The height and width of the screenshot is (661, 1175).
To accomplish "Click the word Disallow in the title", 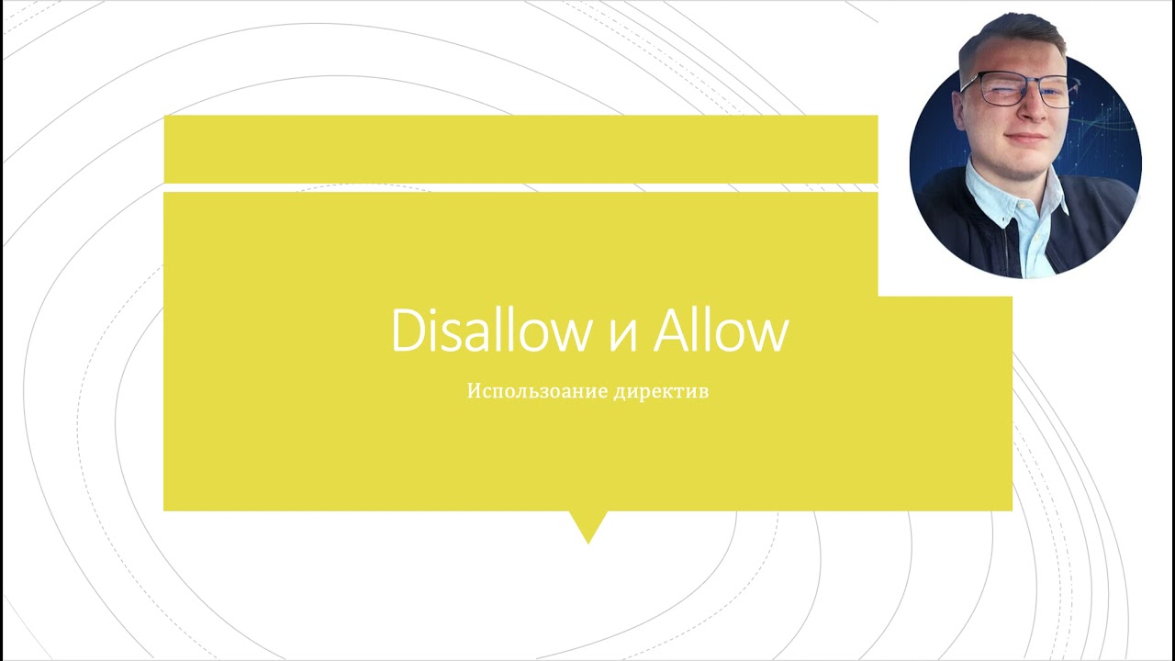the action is pyautogui.click(x=491, y=330).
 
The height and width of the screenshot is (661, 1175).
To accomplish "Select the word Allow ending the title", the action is pyautogui.click(x=721, y=330).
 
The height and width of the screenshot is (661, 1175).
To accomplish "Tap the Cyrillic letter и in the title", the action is pyautogui.click(x=622, y=336).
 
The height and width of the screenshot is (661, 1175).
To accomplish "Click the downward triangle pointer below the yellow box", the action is pyautogui.click(x=588, y=527).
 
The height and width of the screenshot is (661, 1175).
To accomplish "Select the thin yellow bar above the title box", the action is pyautogui.click(x=520, y=149).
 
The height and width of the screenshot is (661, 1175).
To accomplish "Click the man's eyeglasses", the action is pyautogui.click(x=1016, y=90).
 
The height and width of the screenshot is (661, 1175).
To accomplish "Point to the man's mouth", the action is pyautogui.click(x=1025, y=138).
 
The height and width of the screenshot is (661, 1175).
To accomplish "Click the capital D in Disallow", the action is pyautogui.click(x=410, y=331).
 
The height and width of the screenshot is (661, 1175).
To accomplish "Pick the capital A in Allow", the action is pyautogui.click(x=672, y=331).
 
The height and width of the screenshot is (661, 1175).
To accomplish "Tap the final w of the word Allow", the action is pyautogui.click(x=770, y=336).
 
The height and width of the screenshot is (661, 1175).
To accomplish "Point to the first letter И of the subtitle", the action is pyautogui.click(x=476, y=391).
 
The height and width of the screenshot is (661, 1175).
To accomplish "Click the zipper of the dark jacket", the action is pyautogui.click(x=1007, y=248).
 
